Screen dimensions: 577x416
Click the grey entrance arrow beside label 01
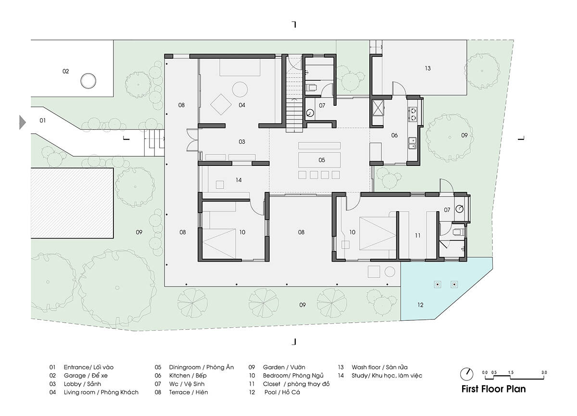[23, 122]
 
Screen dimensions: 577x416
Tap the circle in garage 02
[88, 81]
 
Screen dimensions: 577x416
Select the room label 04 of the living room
[241, 105]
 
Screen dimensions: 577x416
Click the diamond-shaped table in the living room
[221, 104]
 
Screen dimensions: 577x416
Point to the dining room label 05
[322, 160]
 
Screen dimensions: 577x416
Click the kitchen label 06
[394, 135]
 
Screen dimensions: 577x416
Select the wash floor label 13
[427, 68]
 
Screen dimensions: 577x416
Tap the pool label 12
[420, 305]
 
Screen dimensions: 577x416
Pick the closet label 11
[417, 236]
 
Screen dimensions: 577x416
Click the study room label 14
[238, 180]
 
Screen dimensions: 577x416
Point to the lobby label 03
[241, 142]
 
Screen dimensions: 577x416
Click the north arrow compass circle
[466, 375]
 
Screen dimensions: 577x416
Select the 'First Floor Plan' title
[493, 389]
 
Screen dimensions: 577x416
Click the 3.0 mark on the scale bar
[544, 372]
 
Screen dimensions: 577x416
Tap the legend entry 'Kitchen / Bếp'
[188, 376]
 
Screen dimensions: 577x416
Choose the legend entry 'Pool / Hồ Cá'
[282, 392]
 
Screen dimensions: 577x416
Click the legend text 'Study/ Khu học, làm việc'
[387, 376]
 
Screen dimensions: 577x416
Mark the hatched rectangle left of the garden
[72, 203]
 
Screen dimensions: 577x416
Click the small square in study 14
[220, 185]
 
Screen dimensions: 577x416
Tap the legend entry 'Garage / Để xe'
[86, 376]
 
